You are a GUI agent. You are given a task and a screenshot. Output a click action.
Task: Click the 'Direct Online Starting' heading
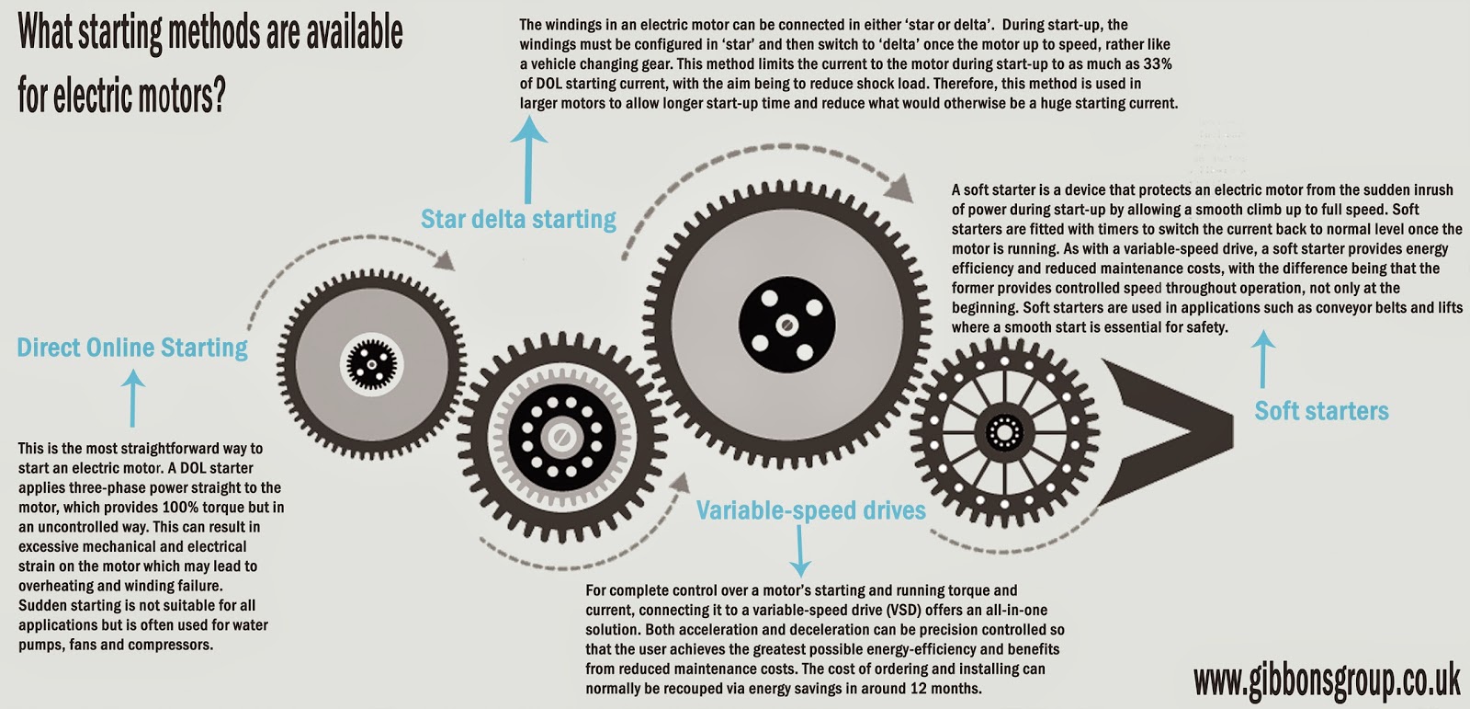[x=132, y=348]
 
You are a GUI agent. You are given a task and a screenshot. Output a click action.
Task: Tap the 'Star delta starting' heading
[x=518, y=219]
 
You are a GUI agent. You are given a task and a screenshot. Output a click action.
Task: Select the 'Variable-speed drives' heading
[x=810, y=510]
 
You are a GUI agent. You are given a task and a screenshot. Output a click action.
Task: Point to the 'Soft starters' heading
[x=1321, y=411]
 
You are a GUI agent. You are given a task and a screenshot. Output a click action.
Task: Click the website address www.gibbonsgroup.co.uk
[x=1326, y=682]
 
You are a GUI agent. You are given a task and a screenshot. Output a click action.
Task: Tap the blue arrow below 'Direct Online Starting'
[x=134, y=397]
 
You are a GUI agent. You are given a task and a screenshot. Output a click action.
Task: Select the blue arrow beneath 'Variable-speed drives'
[x=800, y=551]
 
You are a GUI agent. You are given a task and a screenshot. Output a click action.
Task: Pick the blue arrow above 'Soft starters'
[x=1264, y=360]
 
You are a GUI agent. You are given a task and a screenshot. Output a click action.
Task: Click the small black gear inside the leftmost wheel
[x=372, y=363]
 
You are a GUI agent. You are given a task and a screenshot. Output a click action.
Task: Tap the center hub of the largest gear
[x=786, y=326]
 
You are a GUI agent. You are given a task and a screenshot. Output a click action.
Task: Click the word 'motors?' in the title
[x=178, y=94]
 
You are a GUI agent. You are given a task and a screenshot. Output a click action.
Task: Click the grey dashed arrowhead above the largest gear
[x=903, y=191]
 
